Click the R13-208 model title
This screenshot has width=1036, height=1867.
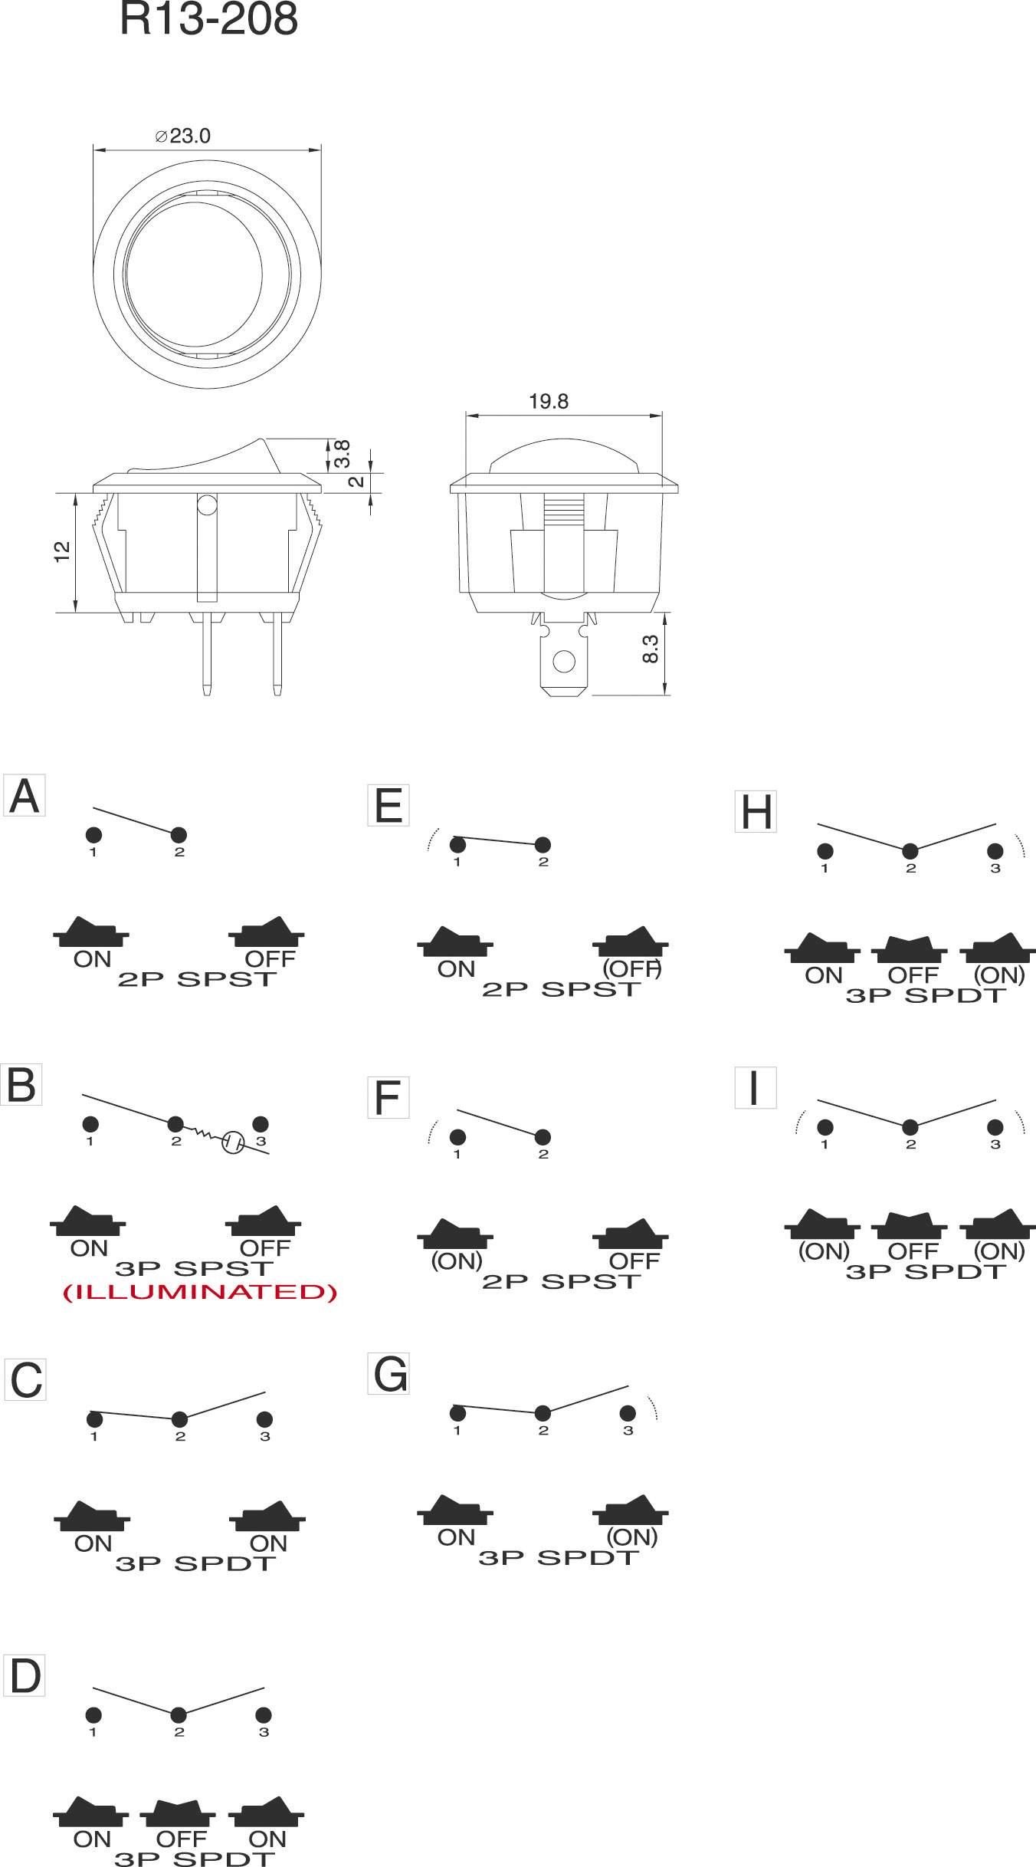[208, 20]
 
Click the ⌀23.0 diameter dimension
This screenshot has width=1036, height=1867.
[182, 136]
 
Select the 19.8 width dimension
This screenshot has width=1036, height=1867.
[549, 402]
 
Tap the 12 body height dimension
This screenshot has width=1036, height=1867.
[63, 551]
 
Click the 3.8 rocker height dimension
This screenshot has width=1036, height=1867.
[343, 454]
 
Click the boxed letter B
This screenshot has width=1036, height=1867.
[21, 1085]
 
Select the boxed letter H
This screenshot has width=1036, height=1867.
[756, 812]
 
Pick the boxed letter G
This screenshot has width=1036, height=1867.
[388, 1374]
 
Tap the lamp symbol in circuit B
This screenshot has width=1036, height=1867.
[232, 1143]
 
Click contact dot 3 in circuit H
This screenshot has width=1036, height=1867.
[995, 851]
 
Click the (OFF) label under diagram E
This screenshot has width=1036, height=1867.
[631, 969]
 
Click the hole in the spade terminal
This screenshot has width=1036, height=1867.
[564, 661]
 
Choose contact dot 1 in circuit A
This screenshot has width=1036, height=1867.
[93, 835]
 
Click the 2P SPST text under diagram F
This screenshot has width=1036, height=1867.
[561, 1281]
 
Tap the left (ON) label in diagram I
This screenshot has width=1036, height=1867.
[824, 1251]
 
